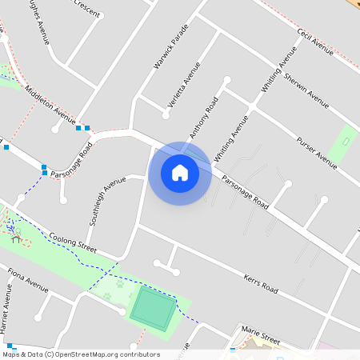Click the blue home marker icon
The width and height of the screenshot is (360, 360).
coord(180,173)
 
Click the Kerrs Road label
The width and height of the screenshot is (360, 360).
coord(260,281)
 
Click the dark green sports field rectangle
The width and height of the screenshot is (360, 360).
coord(152,308)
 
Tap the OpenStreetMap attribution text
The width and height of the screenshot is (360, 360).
coord(80,354)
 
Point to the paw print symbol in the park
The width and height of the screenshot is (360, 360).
coord(119,282)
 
